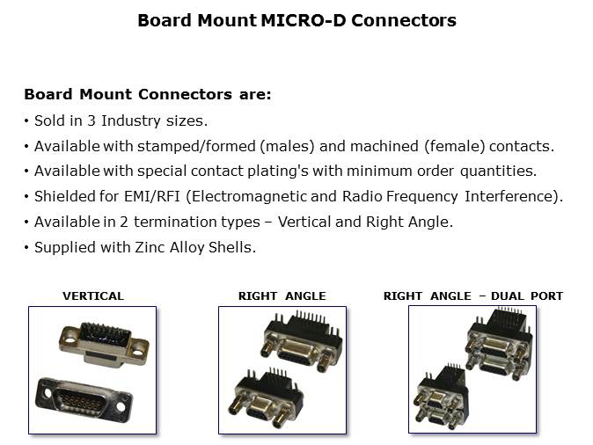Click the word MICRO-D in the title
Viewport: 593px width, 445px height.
point(304,20)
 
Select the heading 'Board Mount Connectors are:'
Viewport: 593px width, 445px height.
point(148,94)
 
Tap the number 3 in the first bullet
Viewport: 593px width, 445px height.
point(92,120)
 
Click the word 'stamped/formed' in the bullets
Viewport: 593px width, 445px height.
point(196,146)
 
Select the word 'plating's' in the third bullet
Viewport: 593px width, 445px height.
point(278,171)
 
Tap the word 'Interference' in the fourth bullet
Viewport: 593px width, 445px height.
point(509,197)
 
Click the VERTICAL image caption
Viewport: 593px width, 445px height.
point(93,296)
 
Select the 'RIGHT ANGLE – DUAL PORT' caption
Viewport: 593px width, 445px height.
point(473,296)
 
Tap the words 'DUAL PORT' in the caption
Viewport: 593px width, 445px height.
point(527,296)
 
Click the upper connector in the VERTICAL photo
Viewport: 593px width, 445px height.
point(104,344)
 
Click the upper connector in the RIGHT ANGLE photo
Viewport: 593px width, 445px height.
point(302,340)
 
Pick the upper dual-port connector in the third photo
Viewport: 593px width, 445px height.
point(500,346)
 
